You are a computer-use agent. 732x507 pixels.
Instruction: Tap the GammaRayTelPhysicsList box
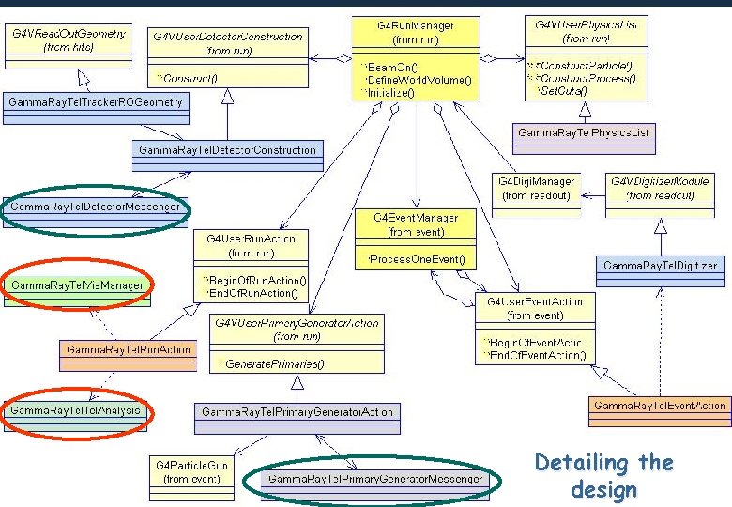click(x=584, y=133)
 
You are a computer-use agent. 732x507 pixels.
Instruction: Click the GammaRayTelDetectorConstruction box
click(x=227, y=150)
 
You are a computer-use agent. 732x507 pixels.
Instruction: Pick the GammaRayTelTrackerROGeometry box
click(x=96, y=101)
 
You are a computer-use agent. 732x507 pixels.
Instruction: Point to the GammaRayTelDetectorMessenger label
click(x=96, y=206)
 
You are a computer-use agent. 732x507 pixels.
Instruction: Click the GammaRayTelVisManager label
click(x=78, y=284)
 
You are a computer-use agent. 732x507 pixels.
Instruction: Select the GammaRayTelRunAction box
click(x=127, y=349)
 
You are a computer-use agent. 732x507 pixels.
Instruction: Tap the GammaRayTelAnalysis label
click(x=77, y=411)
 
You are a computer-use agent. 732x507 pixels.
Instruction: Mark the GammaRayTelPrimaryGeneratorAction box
click(x=298, y=411)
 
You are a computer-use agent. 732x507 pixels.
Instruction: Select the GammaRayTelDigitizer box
click(x=661, y=266)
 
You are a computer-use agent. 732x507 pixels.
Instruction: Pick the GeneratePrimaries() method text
click(x=272, y=363)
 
